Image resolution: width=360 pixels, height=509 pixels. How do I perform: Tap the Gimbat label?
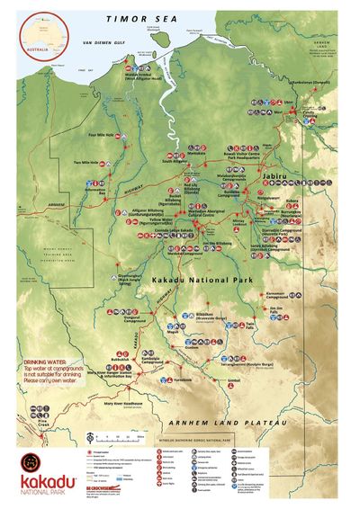pyautogui.click(x=237, y=380)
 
